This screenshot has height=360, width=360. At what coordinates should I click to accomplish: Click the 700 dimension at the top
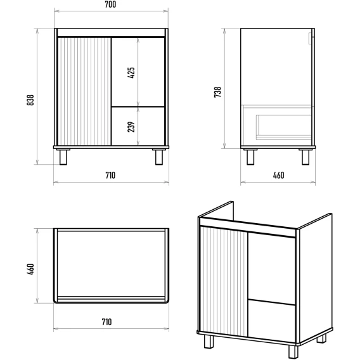(x=110, y=4)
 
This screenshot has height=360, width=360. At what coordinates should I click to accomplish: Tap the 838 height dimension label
(x=30, y=100)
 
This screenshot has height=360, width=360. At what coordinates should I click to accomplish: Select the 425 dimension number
(x=131, y=73)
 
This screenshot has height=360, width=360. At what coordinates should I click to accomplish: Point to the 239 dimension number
(x=131, y=127)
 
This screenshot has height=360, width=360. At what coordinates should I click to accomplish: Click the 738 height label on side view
(x=217, y=92)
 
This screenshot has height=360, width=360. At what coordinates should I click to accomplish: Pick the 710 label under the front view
(x=110, y=176)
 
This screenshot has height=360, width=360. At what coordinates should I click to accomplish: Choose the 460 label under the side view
(x=278, y=176)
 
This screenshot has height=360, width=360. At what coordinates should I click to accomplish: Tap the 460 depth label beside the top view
(x=30, y=269)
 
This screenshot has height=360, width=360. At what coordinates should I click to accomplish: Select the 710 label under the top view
(x=106, y=322)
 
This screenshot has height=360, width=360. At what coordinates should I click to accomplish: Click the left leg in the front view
(x=63, y=157)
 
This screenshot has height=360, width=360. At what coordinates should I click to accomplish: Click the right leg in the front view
(x=159, y=157)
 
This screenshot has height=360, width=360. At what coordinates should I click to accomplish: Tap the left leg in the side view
(x=250, y=157)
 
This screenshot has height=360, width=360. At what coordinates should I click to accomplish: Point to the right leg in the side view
(x=305, y=157)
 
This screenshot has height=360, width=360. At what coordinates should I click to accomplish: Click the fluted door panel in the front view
(x=84, y=91)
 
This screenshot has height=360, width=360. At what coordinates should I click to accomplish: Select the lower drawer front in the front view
(x=138, y=126)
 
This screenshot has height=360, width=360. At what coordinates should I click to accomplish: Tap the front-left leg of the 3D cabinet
(x=209, y=342)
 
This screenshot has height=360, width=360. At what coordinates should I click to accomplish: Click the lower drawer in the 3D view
(x=272, y=321)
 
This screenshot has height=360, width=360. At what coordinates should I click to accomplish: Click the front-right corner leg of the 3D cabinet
(x=293, y=352)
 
